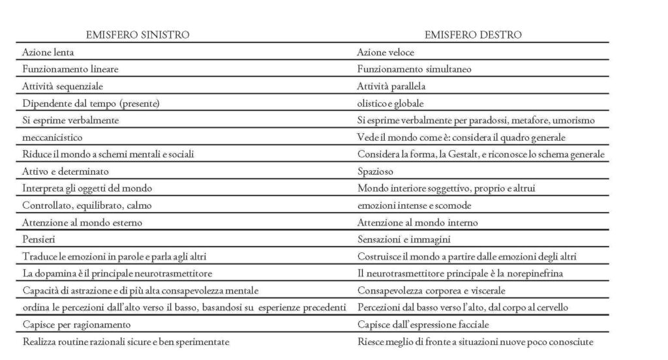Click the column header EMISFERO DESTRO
474,35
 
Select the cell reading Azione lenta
48,52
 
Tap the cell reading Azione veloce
386,52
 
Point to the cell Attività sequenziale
63,85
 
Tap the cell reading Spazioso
374,171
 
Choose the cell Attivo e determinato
65,171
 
